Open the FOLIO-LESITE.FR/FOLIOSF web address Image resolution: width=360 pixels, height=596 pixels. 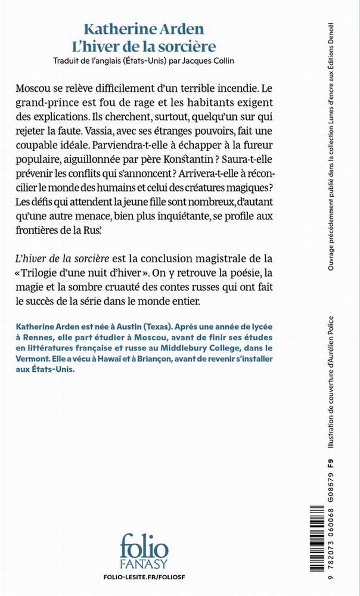(144, 578)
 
